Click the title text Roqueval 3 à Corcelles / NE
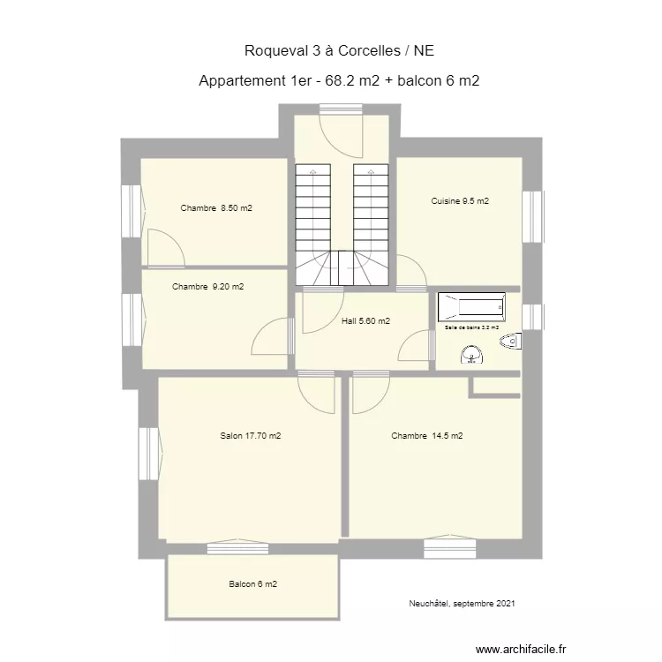coord(339,51)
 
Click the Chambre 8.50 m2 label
coord(216,208)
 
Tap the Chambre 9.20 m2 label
coord(208,286)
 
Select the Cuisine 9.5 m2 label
coord(460,201)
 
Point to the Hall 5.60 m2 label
coord(365,321)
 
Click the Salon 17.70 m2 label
coord(251,435)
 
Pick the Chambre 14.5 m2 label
coord(427,435)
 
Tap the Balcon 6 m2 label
coord(253,584)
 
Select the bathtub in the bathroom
coord(472,308)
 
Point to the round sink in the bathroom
coord(472,355)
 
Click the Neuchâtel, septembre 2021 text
coord(463,604)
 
